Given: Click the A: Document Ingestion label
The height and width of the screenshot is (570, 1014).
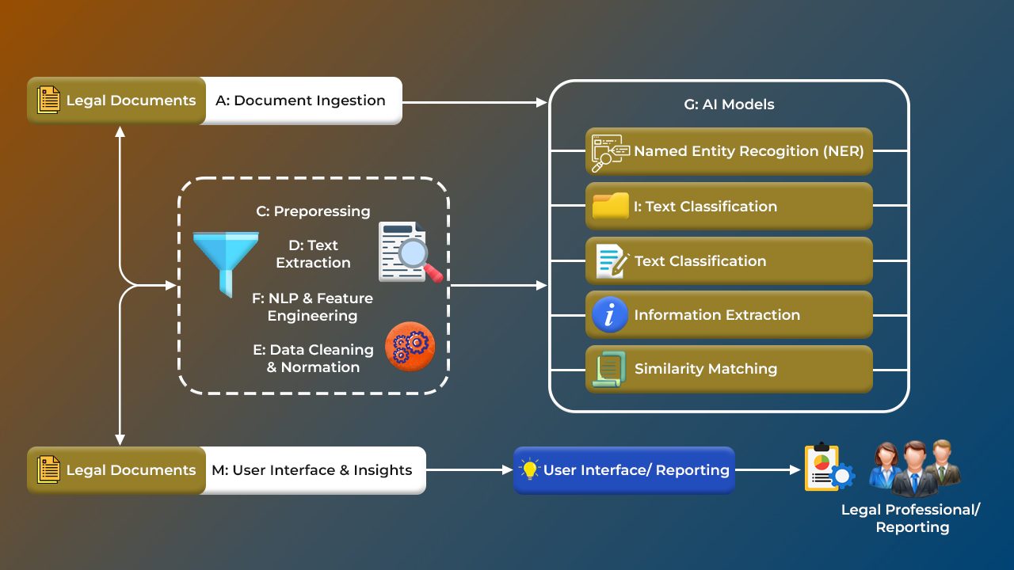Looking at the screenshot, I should click(x=300, y=101).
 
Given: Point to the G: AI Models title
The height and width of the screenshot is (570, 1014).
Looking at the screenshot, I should click(x=729, y=104).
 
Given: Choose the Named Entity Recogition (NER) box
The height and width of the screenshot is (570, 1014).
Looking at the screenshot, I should click(x=729, y=151).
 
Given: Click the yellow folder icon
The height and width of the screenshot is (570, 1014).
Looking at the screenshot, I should click(x=610, y=206).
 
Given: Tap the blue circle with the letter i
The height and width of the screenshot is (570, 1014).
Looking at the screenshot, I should click(x=610, y=315).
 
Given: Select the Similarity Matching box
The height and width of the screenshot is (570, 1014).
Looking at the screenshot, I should click(x=729, y=369).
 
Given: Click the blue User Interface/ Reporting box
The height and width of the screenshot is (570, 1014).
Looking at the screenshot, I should click(x=624, y=470).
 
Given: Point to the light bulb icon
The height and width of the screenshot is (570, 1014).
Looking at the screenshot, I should click(x=529, y=469).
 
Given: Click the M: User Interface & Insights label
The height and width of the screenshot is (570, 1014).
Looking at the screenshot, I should click(x=312, y=470).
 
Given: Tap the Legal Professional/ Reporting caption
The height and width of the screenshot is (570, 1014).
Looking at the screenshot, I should click(x=911, y=519).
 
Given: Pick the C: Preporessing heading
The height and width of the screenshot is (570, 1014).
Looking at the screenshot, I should click(x=313, y=211).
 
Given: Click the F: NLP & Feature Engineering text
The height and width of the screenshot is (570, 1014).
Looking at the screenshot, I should click(x=312, y=307).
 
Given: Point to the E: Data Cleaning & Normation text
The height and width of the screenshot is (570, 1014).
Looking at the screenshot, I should click(x=314, y=358).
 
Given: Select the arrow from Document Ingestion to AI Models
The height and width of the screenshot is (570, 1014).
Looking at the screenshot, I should click(x=475, y=102).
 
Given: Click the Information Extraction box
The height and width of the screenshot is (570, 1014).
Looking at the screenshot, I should click(x=729, y=315).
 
